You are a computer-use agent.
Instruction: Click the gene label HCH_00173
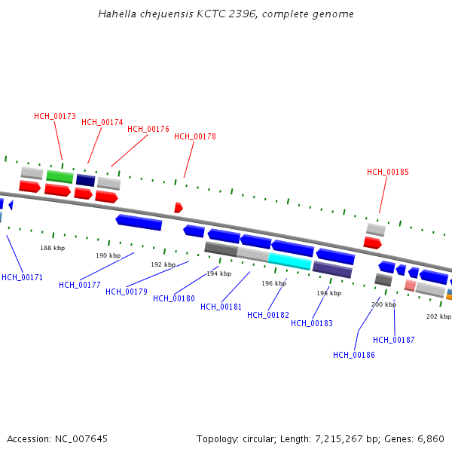(55, 116)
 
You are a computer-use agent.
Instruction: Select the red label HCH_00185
(388, 172)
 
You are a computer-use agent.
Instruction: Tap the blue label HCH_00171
(22, 277)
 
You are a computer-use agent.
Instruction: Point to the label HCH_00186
(354, 355)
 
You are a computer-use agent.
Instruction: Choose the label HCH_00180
(174, 298)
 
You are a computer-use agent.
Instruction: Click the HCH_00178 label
(195, 136)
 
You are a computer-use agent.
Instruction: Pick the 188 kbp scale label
(52, 247)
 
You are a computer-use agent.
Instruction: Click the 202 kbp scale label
(438, 316)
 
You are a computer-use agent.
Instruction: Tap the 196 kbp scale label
(273, 283)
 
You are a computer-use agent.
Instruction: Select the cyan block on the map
(289, 261)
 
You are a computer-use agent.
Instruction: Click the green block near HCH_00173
(60, 177)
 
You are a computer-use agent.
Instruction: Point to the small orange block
(449, 297)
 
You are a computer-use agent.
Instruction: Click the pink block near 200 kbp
(410, 286)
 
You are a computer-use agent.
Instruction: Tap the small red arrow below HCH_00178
(179, 207)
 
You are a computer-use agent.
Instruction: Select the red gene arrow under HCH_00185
(372, 243)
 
